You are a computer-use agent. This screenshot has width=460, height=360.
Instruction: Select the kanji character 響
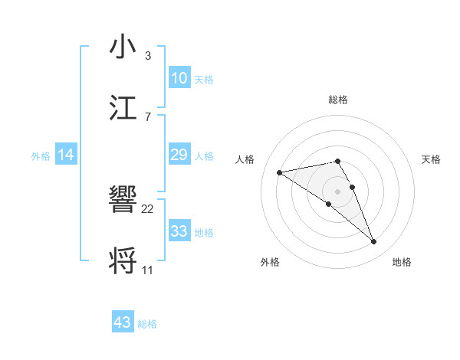click(x=124, y=201)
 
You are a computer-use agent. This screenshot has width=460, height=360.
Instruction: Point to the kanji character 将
click(x=124, y=260)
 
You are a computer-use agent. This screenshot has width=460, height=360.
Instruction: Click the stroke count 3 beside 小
click(x=147, y=56)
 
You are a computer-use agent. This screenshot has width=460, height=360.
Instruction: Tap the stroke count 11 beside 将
click(x=148, y=270)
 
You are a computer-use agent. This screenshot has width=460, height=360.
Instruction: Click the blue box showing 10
click(x=179, y=78)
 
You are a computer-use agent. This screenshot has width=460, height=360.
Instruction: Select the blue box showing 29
click(x=179, y=155)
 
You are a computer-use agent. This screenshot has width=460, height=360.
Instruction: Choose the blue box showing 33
click(x=179, y=231)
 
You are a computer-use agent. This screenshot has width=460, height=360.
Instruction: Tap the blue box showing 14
click(x=66, y=155)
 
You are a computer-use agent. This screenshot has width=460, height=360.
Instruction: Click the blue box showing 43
click(x=123, y=322)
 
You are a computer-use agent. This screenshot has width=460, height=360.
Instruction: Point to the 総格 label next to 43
click(x=148, y=324)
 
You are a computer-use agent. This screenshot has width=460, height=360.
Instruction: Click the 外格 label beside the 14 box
click(x=41, y=156)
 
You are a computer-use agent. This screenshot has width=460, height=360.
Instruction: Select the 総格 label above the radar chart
click(x=337, y=100)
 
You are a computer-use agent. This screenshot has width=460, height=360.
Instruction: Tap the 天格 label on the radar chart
click(x=432, y=159)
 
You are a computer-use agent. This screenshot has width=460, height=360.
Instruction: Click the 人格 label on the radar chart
click(x=245, y=159)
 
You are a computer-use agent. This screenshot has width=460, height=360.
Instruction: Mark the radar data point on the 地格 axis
click(x=374, y=242)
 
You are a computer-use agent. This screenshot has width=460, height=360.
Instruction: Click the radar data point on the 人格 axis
click(x=280, y=172)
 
